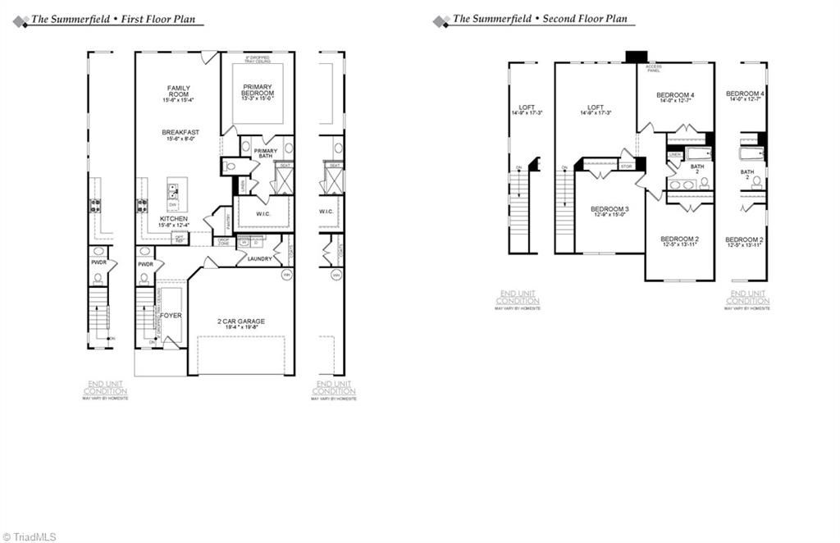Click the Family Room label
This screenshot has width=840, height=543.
coord(179,91)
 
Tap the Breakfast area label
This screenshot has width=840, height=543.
coord(180,132)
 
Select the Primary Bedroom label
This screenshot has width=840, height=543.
coord(258,90)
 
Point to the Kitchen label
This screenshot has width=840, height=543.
coord(174,219)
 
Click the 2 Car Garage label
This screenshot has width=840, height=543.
coord(241,321)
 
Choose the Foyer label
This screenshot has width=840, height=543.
coord(171,315)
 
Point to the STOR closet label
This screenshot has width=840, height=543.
coord(627,166)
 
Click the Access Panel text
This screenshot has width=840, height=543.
coord(654,68)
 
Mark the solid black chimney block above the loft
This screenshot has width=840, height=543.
coord(637,57)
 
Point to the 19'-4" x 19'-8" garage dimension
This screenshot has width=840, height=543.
coord(241,328)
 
